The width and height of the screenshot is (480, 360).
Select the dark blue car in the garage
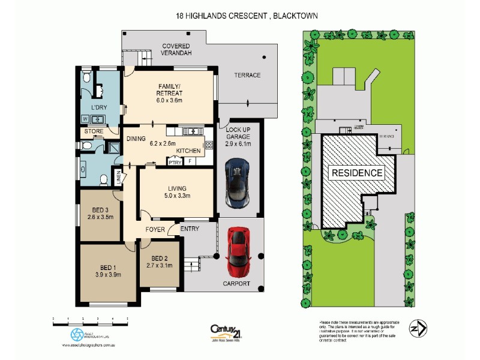[x=238, y=182]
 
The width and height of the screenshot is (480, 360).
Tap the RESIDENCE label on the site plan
[x=357, y=173]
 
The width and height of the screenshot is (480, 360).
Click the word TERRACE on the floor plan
[x=247, y=75]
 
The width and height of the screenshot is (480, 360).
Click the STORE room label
[x=94, y=131]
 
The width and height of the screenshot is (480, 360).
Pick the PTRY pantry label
[x=175, y=161]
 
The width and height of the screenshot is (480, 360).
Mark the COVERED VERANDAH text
[x=175, y=50]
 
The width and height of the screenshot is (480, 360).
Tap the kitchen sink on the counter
[x=190, y=131]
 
